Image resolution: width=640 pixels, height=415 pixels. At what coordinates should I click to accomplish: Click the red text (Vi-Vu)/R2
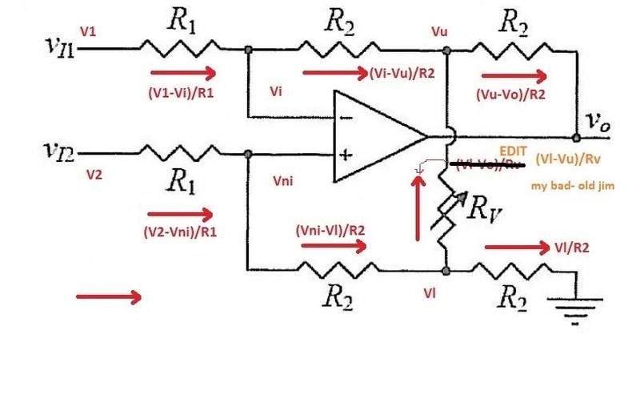[x=402, y=73]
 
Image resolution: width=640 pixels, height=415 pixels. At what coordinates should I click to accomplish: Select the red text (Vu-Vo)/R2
[x=514, y=94]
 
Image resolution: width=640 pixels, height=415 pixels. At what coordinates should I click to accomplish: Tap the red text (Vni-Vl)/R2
[x=330, y=229]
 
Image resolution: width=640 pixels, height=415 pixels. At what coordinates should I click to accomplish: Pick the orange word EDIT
[x=514, y=150]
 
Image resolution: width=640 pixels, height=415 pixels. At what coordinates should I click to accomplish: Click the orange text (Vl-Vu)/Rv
[x=576, y=158]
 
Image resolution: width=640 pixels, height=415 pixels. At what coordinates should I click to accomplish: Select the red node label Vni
[x=283, y=182]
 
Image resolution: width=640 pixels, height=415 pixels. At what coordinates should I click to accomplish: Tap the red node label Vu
[x=439, y=32]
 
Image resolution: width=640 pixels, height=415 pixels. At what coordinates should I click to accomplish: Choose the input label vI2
[x=60, y=150]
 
